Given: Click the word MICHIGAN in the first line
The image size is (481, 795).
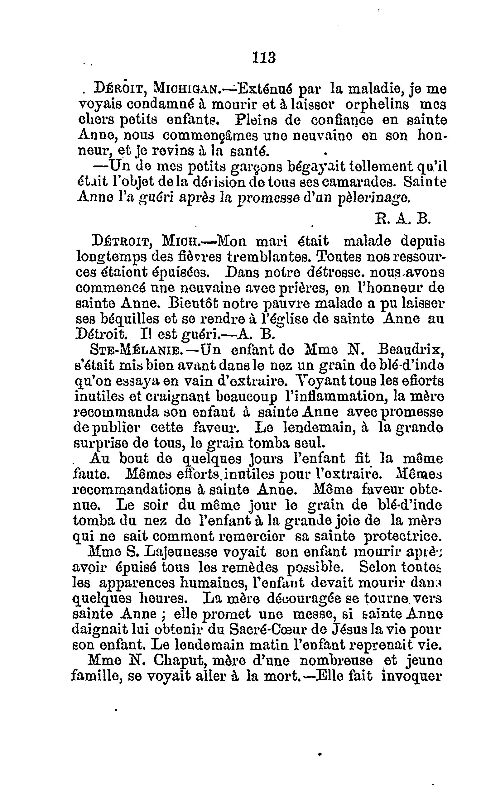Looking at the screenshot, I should tap(187, 89).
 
